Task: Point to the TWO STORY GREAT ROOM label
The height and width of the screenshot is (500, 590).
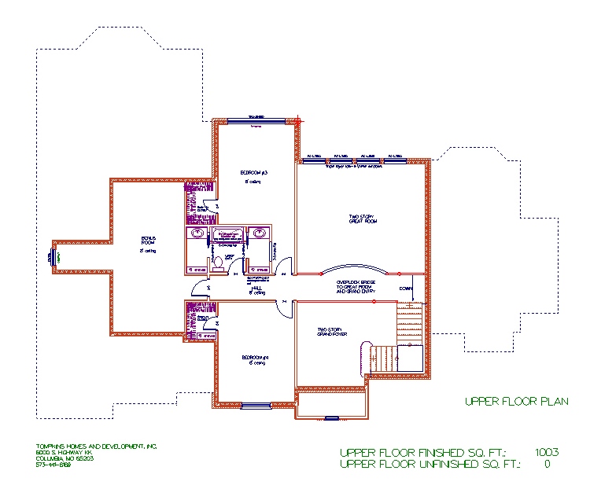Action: point(363,219)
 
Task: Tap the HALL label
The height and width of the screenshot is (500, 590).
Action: point(256,289)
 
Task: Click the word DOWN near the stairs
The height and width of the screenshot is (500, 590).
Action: point(406,289)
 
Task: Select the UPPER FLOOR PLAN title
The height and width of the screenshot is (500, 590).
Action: point(515,402)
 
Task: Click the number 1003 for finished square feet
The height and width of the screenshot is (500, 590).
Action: point(546,452)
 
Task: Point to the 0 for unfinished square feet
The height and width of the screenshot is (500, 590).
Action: point(546,464)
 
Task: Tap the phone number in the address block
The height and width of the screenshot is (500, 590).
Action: point(53,465)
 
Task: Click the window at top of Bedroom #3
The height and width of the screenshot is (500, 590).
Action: point(255,120)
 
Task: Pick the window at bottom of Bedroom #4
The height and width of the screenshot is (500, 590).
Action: point(255,406)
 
